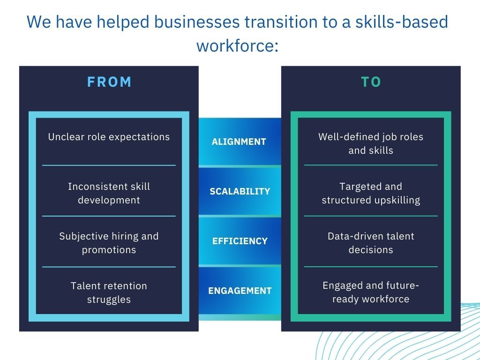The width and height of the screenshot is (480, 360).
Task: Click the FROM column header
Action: click(109, 82)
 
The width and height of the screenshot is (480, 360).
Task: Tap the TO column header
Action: click(371, 82)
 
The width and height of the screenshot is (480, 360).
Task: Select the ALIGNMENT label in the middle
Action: click(239, 142)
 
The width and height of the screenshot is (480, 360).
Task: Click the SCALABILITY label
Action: click(240, 191)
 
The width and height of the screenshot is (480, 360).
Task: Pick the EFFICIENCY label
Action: click(240, 241)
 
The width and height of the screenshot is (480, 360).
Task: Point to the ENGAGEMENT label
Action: click(240, 291)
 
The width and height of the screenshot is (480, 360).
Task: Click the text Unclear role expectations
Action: click(109, 137)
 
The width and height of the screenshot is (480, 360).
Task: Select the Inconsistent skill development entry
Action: click(109, 193)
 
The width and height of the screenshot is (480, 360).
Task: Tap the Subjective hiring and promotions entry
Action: click(109, 243)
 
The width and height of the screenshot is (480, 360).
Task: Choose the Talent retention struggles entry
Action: click(109, 292)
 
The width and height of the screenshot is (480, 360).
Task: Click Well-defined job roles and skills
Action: click(371, 143)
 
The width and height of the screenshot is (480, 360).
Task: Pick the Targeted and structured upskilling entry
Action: click(371, 193)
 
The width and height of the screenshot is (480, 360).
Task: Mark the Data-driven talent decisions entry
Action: click(371, 243)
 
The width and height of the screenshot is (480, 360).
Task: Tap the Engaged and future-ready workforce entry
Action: click(371, 292)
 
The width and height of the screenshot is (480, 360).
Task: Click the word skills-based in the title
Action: click(402, 22)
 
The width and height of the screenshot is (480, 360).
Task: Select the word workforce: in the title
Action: click(238, 46)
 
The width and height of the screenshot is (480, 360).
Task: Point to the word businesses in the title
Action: click(197, 22)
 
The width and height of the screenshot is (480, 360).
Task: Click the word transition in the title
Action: click(277, 22)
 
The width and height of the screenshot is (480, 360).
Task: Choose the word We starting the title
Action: click(39, 22)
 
